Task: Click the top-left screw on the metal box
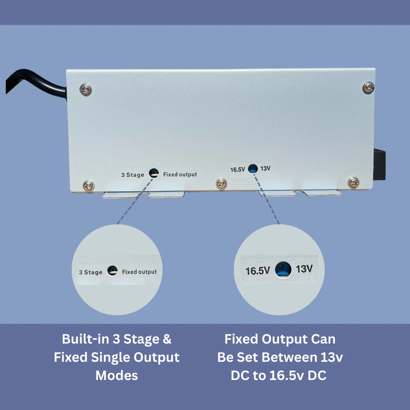[85, 90]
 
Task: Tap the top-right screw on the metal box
[368, 88]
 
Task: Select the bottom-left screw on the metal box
[88, 186]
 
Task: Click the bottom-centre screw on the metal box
[221, 184]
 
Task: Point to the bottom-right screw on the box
[353, 183]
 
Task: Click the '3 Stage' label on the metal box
[132, 175]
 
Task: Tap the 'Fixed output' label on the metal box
[180, 174]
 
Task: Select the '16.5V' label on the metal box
[237, 170]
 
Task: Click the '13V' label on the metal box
[265, 169]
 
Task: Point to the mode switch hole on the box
[154, 173]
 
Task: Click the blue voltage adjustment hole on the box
[253, 169]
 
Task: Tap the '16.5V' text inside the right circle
[257, 271]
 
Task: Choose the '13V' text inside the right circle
[304, 269]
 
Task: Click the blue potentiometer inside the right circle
[283, 270]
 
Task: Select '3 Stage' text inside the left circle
[90, 272]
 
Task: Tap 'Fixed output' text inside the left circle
[139, 272]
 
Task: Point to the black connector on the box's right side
[379, 165]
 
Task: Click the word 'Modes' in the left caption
[117, 375]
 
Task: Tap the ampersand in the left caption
[167, 339]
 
